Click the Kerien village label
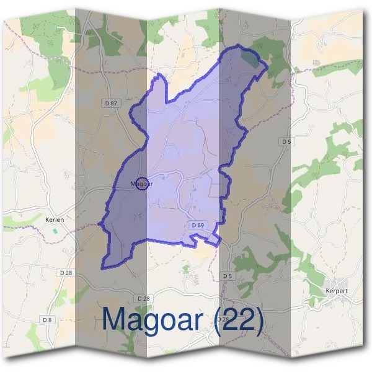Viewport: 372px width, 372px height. pos(55,219)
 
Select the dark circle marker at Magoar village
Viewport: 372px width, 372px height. pos(142,184)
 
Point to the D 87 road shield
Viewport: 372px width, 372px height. pos(111,104)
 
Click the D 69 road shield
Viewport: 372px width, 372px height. pos(198,224)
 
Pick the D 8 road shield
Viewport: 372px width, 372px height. pos(48,319)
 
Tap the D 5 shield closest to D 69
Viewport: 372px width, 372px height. pos(227,275)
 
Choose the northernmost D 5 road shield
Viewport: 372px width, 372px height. pos(286,142)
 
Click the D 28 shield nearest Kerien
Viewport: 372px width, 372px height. pos(66,273)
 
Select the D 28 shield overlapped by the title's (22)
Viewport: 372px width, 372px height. pos(223,319)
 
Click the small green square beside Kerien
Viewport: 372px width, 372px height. pos(55,231)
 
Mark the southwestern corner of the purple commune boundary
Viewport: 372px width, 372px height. pos(104,268)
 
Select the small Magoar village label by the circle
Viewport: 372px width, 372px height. pos(141,184)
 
